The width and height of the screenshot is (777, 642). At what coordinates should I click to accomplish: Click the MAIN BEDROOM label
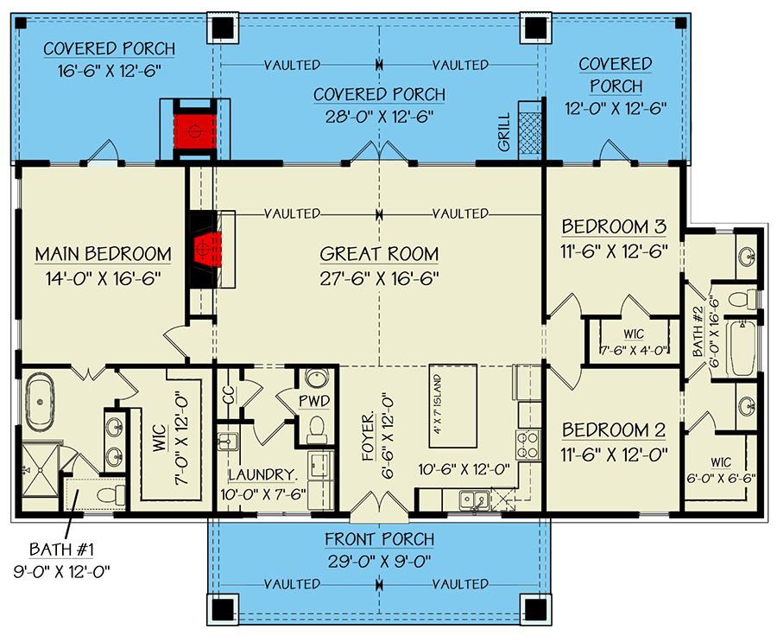click(x=103, y=254)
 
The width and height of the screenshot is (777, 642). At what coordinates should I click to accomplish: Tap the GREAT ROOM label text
click(x=379, y=254)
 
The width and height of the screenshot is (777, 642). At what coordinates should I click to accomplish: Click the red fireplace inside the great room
click(x=205, y=248)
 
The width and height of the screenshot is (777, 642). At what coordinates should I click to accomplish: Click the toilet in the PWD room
click(x=316, y=427)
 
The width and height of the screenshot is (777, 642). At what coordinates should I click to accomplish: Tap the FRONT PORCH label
click(x=379, y=540)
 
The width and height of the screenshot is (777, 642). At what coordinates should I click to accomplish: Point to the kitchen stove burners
click(x=525, y=446)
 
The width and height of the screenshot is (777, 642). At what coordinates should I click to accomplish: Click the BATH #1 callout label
click(x=60, y=550)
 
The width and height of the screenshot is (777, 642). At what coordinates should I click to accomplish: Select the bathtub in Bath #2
click(x=742, y=348)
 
